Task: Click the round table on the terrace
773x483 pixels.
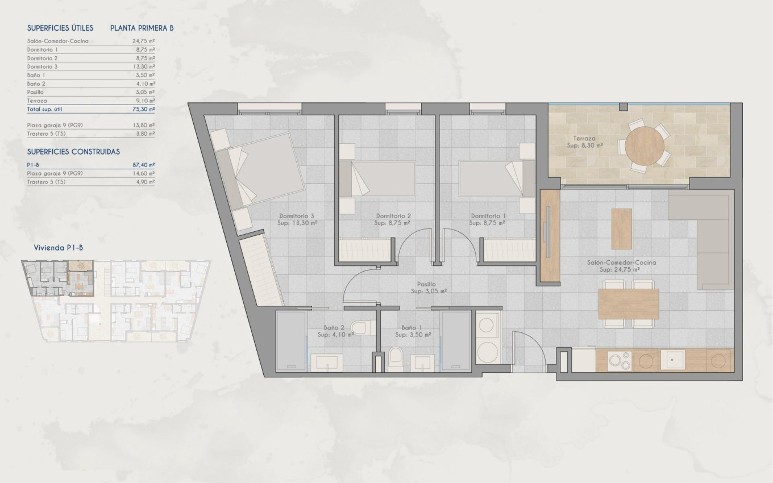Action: [647, 145]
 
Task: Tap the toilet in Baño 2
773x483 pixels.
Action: [360, 328]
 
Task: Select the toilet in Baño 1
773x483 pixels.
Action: [396, 357]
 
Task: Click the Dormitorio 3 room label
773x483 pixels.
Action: [297, 216]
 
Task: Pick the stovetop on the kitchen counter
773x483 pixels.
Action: [619, 360]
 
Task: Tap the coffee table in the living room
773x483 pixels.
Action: [621, 228]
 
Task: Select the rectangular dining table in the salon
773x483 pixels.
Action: [629, 303]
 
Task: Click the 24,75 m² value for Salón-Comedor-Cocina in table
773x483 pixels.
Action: [144, 41]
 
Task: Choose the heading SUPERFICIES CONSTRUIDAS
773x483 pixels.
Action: [73, 152]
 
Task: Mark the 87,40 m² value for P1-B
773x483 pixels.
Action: [144, 165]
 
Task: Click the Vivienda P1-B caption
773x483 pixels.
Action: [59, 247]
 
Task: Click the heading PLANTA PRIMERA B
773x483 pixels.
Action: [142, 28]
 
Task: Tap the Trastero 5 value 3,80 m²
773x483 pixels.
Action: [144, 134]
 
